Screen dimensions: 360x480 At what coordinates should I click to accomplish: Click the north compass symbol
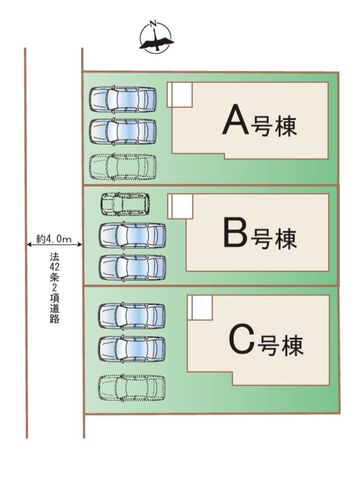(156, 36)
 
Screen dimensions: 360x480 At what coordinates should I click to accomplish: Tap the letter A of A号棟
(236, 119)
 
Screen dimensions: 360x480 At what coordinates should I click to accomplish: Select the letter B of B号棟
(236, 232)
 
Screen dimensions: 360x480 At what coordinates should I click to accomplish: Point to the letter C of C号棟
(242, 339)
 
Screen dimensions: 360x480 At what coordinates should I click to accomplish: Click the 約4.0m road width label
(54, 239)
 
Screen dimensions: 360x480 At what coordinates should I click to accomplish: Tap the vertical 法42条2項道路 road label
(54, 288)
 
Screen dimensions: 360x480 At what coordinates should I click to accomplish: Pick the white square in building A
(180, 95)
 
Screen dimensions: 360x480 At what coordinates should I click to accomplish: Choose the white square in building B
(181, 207)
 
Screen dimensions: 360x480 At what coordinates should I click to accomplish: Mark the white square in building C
(200, 308)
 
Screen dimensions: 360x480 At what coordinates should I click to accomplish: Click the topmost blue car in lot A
(123, 99)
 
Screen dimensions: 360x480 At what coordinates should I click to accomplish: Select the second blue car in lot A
(123, 132)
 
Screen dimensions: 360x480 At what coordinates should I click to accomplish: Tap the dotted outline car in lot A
(123, 167)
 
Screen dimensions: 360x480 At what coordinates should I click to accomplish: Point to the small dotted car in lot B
(125, 204)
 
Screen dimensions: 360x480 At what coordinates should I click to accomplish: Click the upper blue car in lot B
(132, 235)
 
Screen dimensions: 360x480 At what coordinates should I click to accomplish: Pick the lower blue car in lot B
(132, 268)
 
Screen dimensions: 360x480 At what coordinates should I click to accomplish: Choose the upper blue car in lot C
(132, 316)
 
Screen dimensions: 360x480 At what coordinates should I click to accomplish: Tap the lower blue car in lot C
(132, 349)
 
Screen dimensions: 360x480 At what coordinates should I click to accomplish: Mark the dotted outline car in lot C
(132, 388)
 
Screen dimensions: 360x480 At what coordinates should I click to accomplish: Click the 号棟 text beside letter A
(273, 126)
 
